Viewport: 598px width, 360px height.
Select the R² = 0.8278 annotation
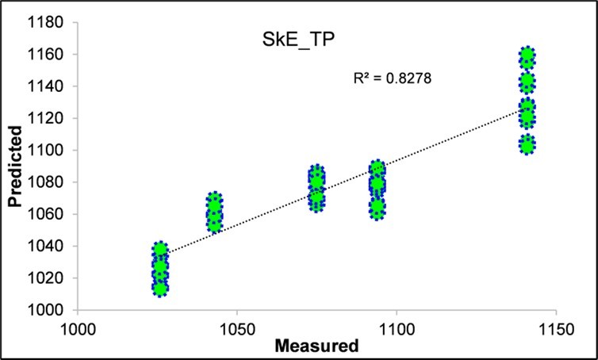pyautogui.click(x=392, y=79)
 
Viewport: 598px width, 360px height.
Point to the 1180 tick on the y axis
pyautogui.click(x=48, y=22)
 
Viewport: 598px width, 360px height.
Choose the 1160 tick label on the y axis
pyautogui.click(x=48, y=54)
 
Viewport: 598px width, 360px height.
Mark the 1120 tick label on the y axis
pyautogui.click(x=48, y=118)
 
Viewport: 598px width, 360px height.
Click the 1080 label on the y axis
pyautogui.click(x=48, y=182)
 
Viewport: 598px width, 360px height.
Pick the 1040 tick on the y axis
pyautogui.click(x=48, y=246)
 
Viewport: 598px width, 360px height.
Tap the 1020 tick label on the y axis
pyautogui.click(x=48, y=278)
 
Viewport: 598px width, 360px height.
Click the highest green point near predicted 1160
pyautogui.click(x=527, y=56)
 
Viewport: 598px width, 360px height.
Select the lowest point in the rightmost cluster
pyautogui.click(x=527, y=145)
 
